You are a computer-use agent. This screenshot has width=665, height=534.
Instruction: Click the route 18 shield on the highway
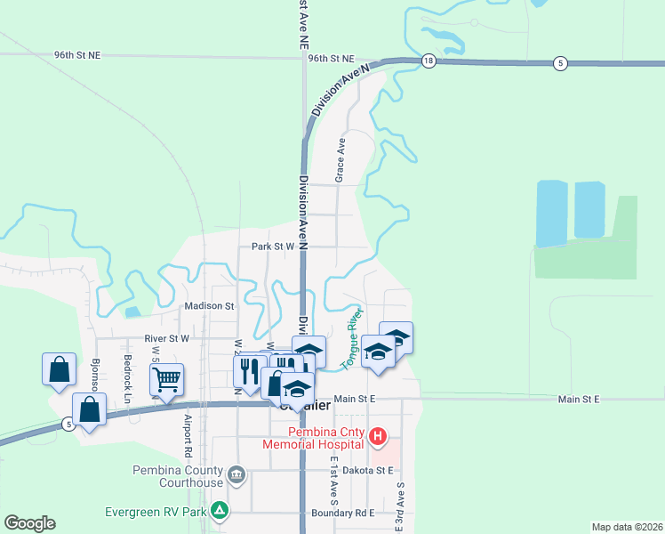429,61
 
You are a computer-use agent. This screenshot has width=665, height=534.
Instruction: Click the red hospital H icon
378,436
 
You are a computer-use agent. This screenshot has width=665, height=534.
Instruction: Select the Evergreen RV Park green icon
218,511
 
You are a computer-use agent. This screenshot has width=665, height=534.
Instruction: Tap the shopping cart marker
166,379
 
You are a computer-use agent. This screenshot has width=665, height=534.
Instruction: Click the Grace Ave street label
340,162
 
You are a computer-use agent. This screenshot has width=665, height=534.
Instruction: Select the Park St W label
272,247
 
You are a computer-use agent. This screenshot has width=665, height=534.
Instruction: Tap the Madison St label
208,306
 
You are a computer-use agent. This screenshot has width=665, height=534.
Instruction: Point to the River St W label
166,339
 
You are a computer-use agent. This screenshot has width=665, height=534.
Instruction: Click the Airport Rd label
188,429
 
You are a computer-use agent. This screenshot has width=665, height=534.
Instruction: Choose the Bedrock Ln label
127,379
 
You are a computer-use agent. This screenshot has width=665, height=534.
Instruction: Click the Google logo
29,523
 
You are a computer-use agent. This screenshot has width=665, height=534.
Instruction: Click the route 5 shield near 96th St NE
559,62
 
